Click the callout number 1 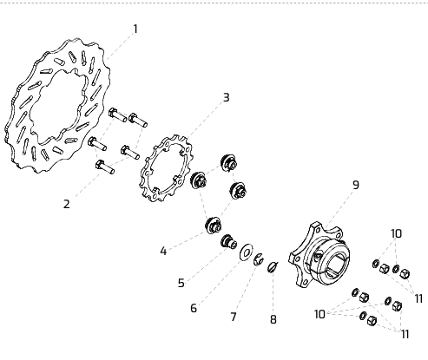click(x=135, y=29)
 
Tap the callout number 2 click(x=67, y=204)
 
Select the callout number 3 click(x=227, y=97)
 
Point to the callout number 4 click(x=163, y=251)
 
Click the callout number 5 click(x=181, y=283)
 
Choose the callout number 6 click(x=194, y=308)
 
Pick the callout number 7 click(x=234, y=317)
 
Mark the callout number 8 click(x=273, y=319)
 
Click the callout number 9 click(x=356, y=185)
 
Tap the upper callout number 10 click(x=396, y=233)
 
